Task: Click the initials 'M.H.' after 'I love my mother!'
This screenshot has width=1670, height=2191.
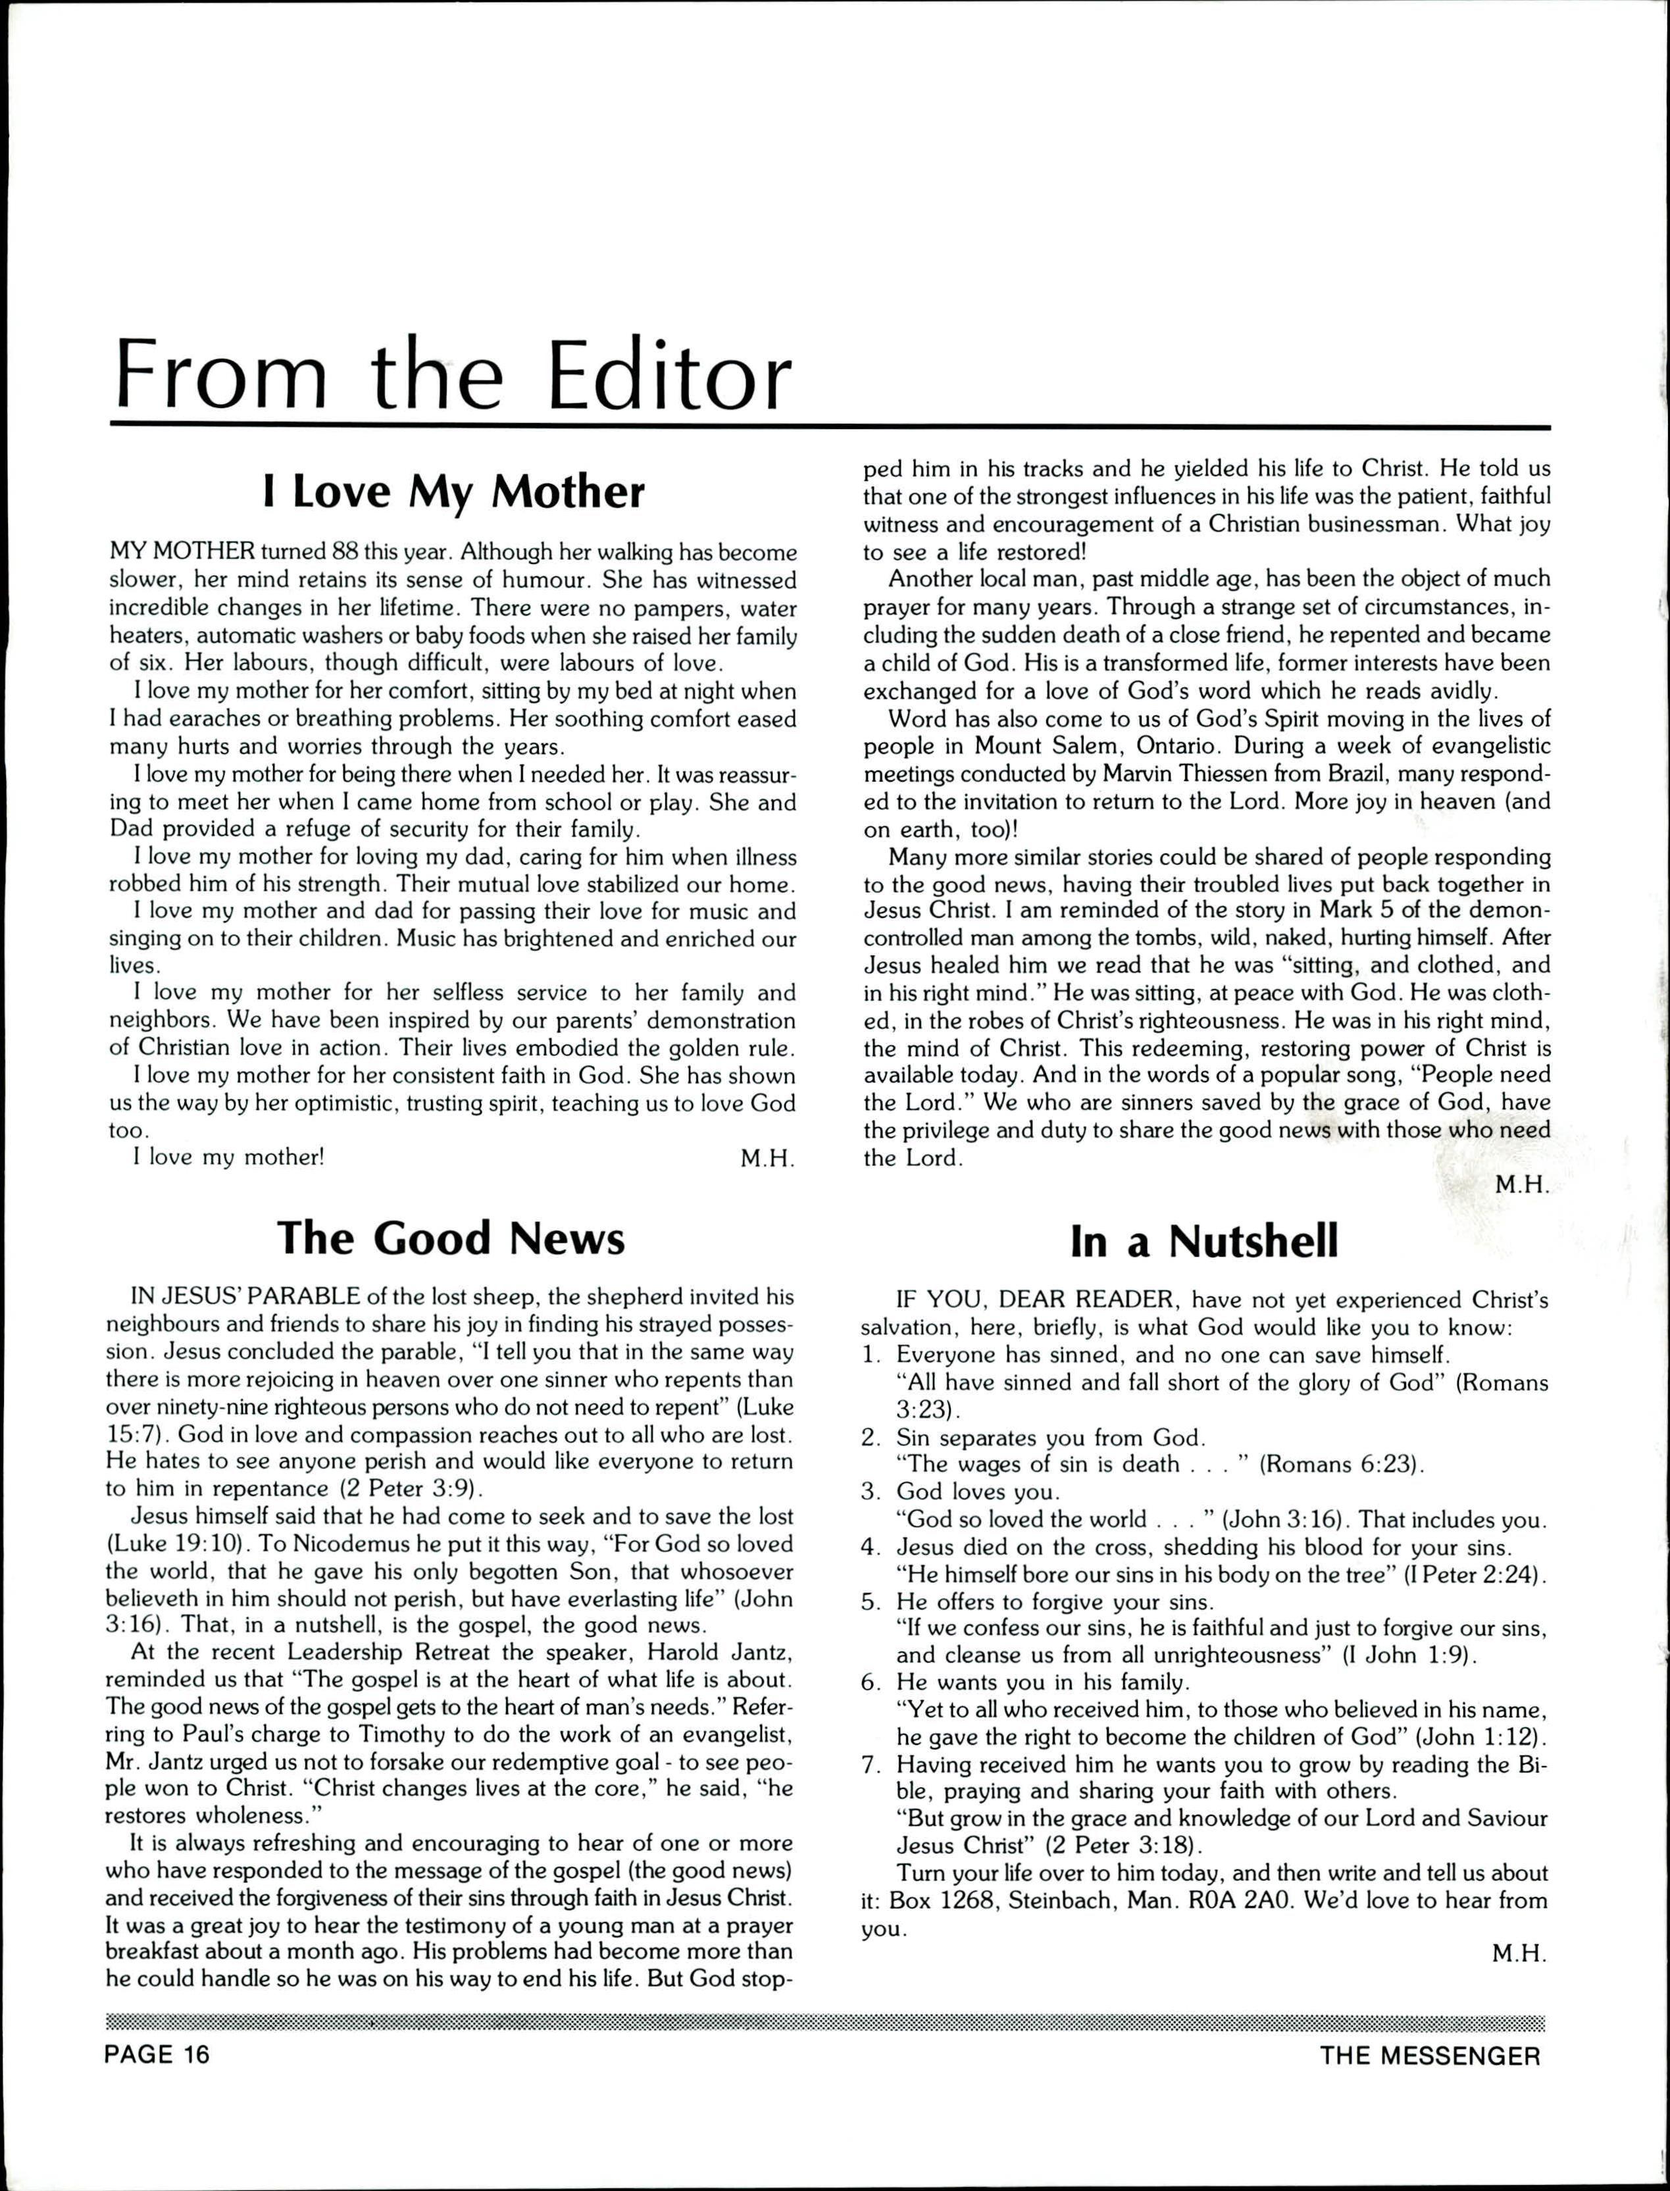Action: pyautogui.click(x=767, y=1158)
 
